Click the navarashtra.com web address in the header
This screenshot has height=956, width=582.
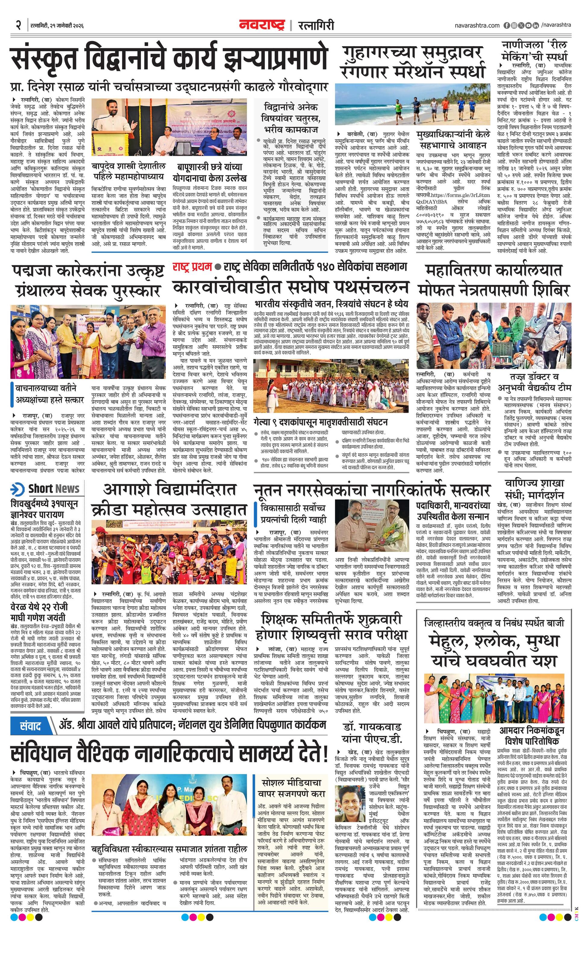(x=477, y=25)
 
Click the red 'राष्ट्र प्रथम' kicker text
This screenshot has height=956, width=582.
(x=192, y=266)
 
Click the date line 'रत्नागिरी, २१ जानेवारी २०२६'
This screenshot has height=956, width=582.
(x=57, y=26)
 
